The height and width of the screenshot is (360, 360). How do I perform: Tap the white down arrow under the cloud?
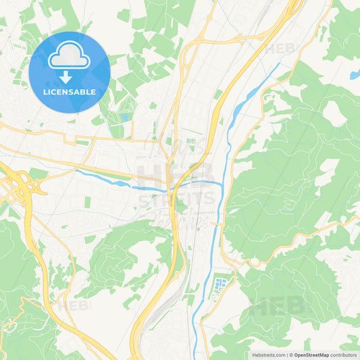pos(69,77)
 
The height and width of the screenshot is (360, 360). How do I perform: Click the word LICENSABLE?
pos(69,93)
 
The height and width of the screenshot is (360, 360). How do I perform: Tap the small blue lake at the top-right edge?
pos(354,75)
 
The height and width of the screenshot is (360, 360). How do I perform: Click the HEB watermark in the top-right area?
pos(280,49)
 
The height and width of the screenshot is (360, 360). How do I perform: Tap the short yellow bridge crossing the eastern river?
pos(217,223)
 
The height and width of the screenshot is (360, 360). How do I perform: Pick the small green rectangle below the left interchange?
pos(88,202)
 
